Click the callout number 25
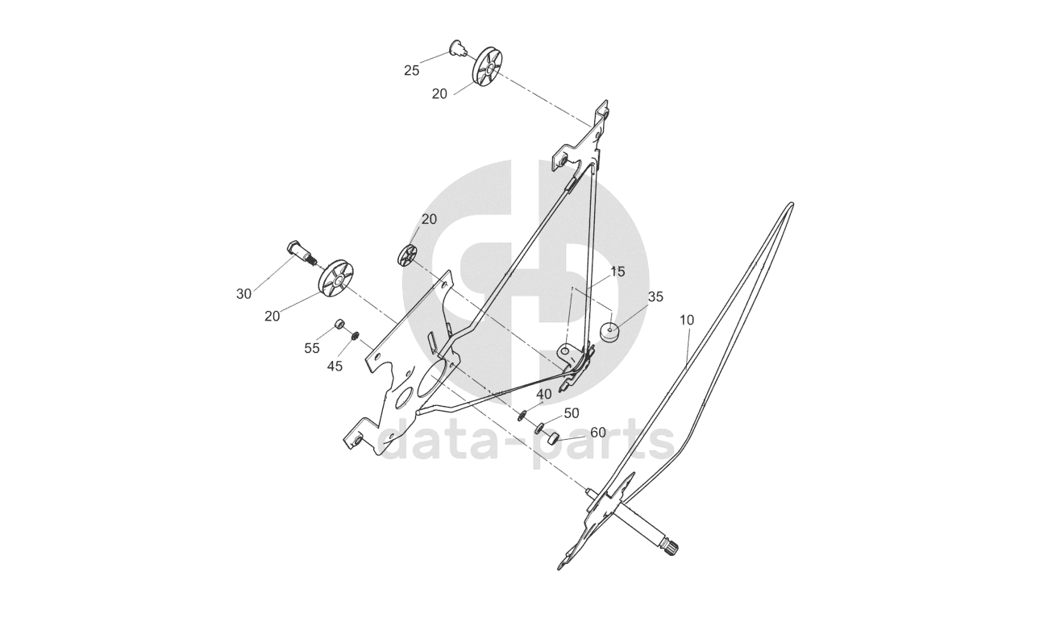pyautogui.click(x=411, y=70)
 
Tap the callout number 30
pyautogui.click(x=243, y=294)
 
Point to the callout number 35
pyautogui.click(x=655, y=296)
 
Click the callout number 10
pyautogui.click(x=686, y=320)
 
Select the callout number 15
pyautogui.click(x=617, y=271)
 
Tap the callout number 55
pyautogui.click(x=312, y=348)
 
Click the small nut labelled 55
pyautogui.click(x=340, y=325)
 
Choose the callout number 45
pyautogui.click(x=335, y=366)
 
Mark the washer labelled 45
pyautogui.click(x=356, y=334)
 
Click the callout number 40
pyautogui.click(x=543, y=394)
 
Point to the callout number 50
pyautogui.click(x=571, y=412)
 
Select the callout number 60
pyautogui.click(x=597, y=432)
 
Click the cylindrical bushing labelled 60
pyautogui.click(x=552, y=440)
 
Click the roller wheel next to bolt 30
pyautogui.click(x=336, y=279)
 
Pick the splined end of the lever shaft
pyautogui.click(x=672, y=550)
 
